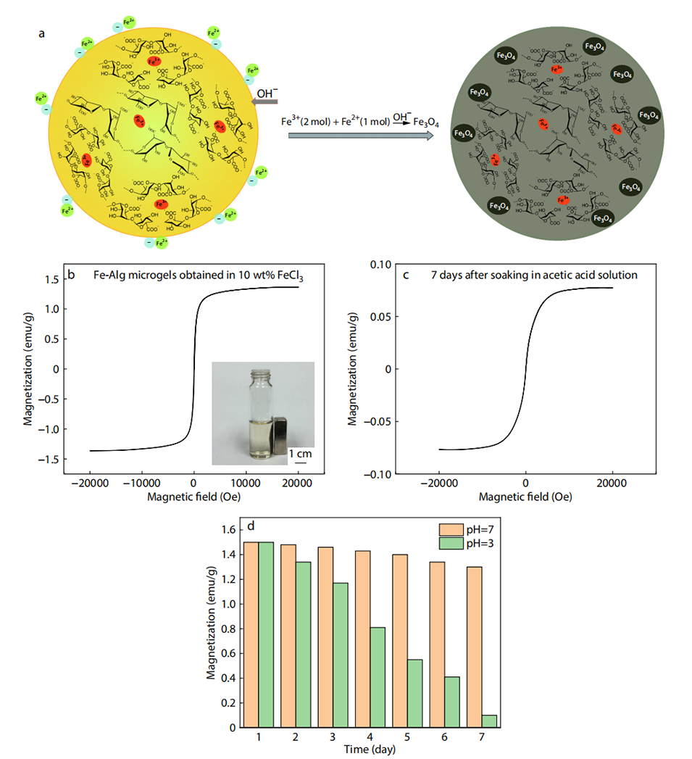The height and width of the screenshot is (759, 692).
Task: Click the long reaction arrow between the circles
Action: pyautogui.click(x=360, y=134)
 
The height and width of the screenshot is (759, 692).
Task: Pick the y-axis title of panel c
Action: pyautogui.click(x=353, y=368)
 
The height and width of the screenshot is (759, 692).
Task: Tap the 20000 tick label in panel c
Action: pyautogui.click(x=612, y=483)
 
